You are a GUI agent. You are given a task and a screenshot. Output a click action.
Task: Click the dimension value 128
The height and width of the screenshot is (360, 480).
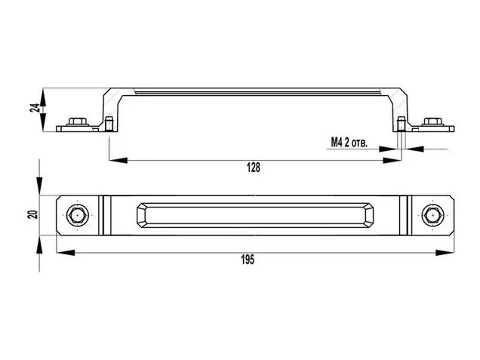pos(254,168)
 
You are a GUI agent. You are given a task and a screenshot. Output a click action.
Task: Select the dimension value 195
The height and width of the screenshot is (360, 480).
pos(248,260)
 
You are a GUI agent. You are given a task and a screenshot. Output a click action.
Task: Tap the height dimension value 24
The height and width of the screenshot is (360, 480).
pos(35,108)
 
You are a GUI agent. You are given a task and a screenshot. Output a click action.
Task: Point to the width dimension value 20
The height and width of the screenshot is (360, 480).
pos(32,214)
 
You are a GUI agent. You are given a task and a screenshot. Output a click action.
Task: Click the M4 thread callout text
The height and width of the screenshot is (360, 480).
pos(349,143)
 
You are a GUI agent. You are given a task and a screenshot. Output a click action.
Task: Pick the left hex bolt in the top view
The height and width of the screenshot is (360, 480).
pos(77,216)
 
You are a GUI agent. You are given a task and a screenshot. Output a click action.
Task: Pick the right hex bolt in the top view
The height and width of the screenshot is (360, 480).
pos(432,216)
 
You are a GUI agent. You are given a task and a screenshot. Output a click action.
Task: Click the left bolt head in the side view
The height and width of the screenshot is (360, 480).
pos(77,122)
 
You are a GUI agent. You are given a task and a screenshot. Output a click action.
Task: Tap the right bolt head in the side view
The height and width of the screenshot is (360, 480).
pos(432,122)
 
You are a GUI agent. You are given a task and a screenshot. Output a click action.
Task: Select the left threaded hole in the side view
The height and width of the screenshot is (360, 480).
pos(109,123)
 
